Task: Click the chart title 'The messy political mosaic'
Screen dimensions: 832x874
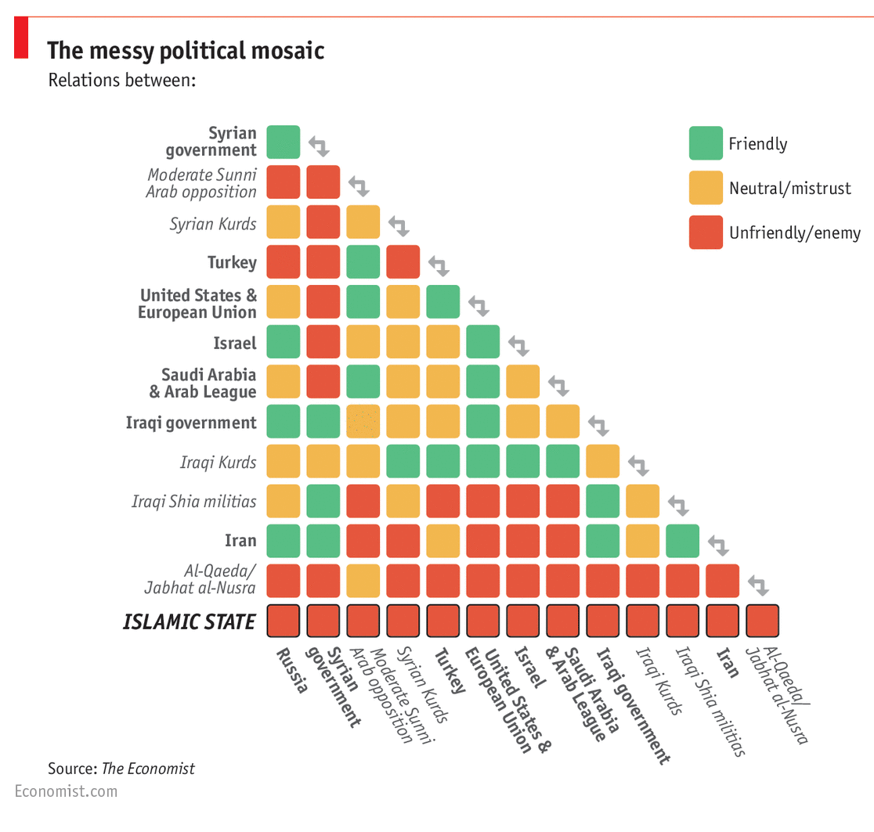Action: point(186,51)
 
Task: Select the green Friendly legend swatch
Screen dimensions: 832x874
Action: point(706,143)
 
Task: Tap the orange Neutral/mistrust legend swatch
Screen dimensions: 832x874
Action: point(706,188)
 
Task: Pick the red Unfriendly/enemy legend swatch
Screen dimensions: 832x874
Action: point(706,232)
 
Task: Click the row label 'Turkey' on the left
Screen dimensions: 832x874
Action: point(232,262)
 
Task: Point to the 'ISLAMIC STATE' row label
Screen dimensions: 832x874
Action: point(189,621)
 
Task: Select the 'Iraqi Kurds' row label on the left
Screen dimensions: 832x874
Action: point(218,462)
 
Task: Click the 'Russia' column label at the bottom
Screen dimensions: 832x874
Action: point(291,671)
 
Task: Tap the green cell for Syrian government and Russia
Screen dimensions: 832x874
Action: point(283,142)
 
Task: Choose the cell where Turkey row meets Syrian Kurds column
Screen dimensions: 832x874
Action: point(403,261)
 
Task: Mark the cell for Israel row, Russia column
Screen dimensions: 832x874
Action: point(283,342)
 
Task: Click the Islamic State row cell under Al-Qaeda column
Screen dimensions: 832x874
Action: point(762,621)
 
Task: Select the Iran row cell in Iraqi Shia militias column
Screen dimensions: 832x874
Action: point(682,541)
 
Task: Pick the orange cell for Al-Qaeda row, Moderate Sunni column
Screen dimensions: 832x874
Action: point(363,581)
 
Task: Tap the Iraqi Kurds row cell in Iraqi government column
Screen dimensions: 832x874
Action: point(602,461)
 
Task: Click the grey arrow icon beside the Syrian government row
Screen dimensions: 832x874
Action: point(318,145)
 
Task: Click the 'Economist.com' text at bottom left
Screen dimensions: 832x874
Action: point(66,791)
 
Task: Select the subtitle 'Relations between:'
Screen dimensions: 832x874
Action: point(121,80)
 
